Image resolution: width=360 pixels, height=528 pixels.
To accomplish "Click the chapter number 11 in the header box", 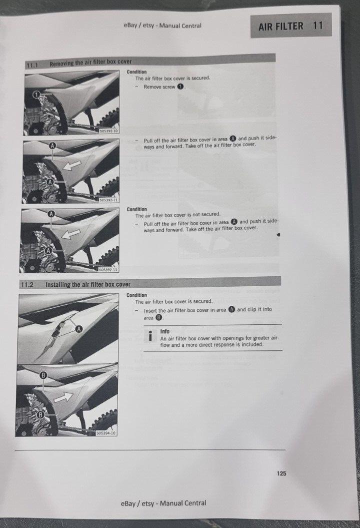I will [x=318, y=26].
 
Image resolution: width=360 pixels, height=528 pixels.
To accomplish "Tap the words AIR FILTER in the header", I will [x=280, y=26].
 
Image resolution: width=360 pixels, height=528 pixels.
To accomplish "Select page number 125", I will [x=281, y=473].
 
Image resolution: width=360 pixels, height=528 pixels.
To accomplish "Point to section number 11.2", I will [x=27, y=285].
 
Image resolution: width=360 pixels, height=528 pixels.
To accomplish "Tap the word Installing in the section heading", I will [x=60, y=284].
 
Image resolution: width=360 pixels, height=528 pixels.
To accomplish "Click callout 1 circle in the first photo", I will [x=36, y=95].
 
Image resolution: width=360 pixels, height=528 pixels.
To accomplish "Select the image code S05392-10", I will [x=108, y=132].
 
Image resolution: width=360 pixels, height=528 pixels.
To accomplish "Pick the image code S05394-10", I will [x=106, y=433].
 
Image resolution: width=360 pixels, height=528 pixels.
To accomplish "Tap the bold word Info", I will [x=165, y=331].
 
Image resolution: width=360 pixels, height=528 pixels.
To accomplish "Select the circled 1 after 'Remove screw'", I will [x=181, y=87].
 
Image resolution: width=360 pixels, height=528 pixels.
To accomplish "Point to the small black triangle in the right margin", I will [x=277, y=234].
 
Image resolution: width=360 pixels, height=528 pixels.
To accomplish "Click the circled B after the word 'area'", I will [x=159, y=318].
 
